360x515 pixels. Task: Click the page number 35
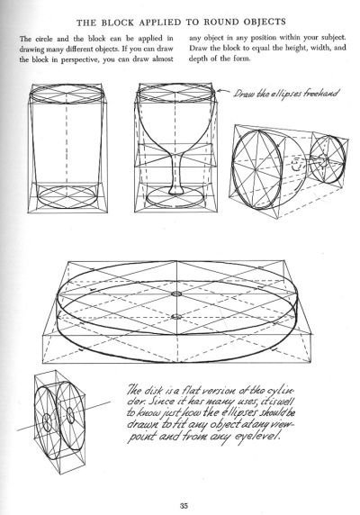pyautogui.click(x=184, y=505)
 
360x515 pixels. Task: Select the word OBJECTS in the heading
pyautogui.click(x=265, y=22)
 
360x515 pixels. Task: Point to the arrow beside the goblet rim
pyautogui.click(x=224, y=91)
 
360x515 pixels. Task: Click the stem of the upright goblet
pyautogui.click(x=176, y=173)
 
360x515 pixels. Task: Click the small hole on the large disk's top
pyautogui.click(x=176, y=294)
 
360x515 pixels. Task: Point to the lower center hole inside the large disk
pyautogui.click(x=176, y=317)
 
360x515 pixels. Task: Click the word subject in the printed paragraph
pyautogui.click(x=333, y=38)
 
